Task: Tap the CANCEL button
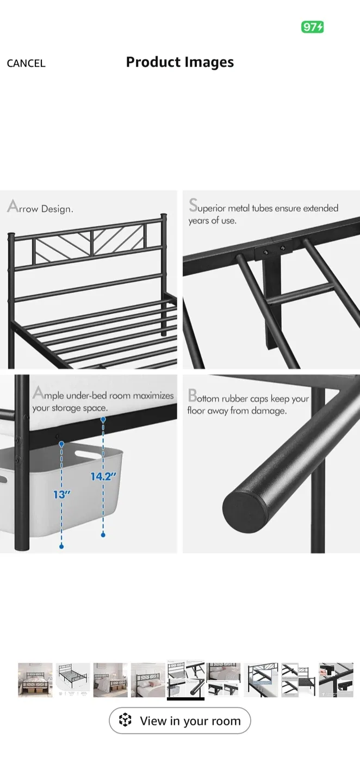[26, 64]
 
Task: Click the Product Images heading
[179, 63]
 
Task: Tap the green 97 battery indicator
[312, 27]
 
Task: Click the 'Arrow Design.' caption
[40, 208]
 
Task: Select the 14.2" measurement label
[103, 476]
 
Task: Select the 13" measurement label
[61, 494]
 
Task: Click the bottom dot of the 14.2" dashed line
[103, 535]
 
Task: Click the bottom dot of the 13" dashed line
[61, 546]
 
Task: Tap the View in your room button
[179, 721]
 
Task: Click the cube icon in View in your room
[126, 720]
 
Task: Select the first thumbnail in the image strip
[35, 680]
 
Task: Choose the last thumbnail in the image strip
[336, 680]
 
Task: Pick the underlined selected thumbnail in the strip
[185, 680]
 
